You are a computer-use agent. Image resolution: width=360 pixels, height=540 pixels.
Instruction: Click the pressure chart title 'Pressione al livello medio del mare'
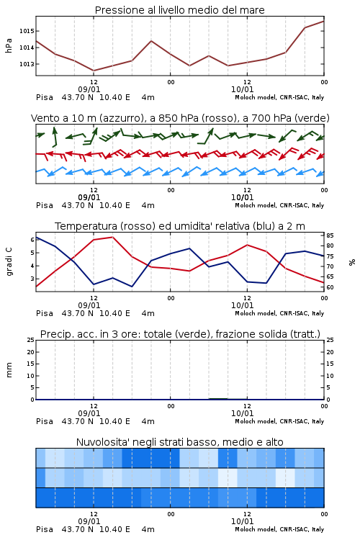click(179, 10)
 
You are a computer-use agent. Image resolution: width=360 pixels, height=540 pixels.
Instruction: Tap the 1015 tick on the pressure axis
click(27, 31)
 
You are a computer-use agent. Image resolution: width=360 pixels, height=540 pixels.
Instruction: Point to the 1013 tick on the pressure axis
click(27, 64)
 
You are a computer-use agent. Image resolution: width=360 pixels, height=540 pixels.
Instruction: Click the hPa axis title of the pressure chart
click(9, 45)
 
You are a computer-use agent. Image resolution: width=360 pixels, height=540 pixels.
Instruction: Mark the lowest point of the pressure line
click(94, 71)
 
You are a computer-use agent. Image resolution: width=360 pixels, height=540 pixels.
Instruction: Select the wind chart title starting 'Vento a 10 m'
click(180, 118)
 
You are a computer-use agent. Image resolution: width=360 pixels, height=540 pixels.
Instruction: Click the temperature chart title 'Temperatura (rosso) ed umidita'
click(180, 226)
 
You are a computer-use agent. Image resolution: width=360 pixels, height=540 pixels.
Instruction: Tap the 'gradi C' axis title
click(9, 261)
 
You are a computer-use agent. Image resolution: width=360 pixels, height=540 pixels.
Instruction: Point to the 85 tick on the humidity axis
click(330, 235)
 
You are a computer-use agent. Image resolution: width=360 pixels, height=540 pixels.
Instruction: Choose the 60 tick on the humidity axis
click(330, 287)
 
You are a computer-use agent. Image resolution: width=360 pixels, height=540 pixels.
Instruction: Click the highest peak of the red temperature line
click(112, 237)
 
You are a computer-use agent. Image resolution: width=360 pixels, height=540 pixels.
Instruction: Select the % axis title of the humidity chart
click(352, 262)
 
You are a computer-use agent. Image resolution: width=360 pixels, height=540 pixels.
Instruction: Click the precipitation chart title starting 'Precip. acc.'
click(180, 334)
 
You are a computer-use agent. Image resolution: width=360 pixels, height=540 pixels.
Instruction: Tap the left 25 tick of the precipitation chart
click(30, 340)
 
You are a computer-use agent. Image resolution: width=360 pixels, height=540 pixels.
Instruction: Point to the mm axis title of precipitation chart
click(9, 370)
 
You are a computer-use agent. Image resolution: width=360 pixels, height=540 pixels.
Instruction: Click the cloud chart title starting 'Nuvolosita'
click(179, 442)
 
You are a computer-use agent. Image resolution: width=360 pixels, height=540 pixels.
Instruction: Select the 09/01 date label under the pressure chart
click(89, 89)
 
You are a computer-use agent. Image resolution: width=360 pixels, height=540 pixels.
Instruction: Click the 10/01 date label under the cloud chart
click(242, 521)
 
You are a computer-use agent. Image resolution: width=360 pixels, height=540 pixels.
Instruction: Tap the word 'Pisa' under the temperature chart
click(45, 313)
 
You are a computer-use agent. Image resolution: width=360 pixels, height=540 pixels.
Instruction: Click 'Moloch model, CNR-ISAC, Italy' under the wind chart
click(279, 205)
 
